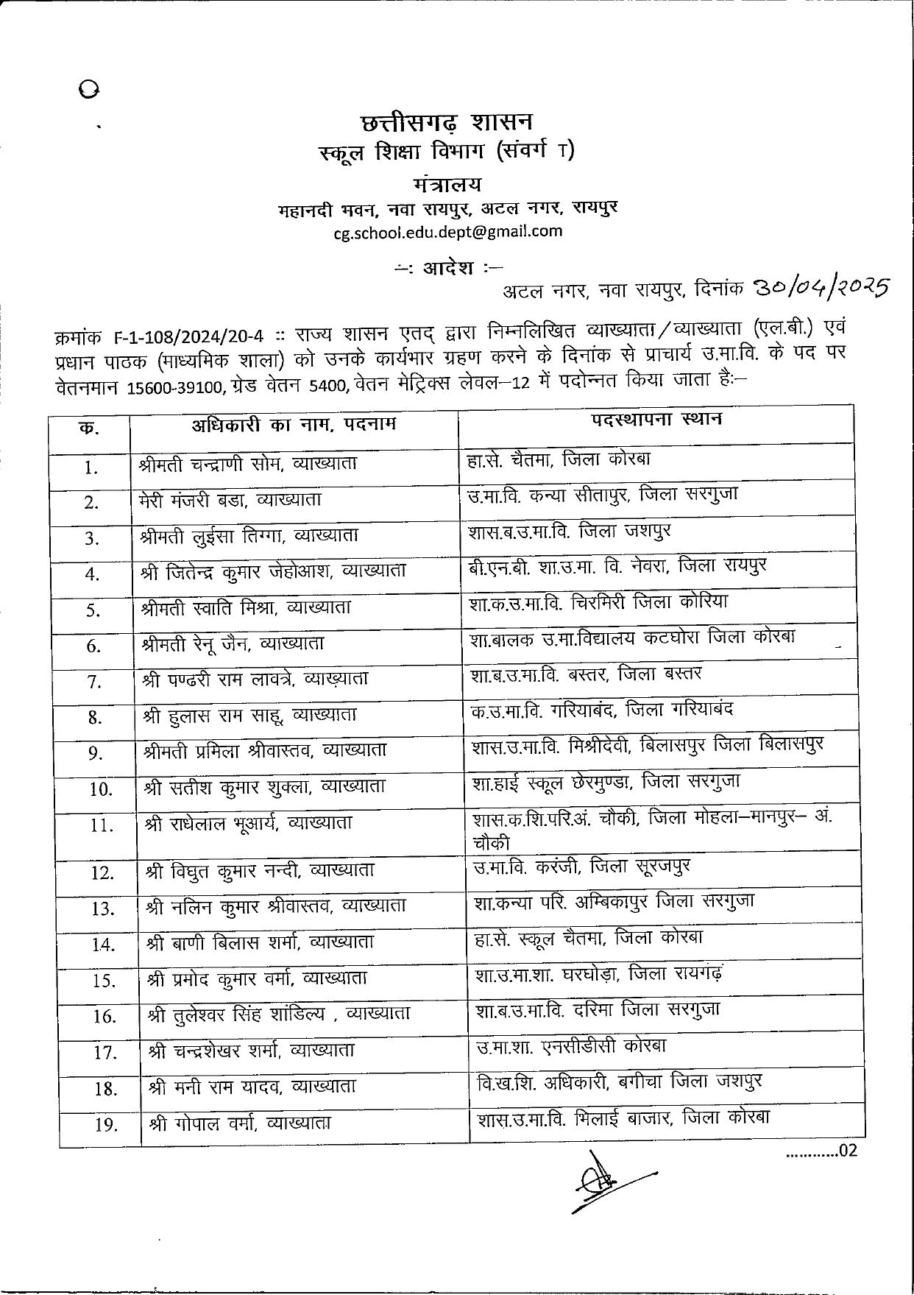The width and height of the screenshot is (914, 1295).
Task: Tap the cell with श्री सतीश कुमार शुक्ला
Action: point(265,786)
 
